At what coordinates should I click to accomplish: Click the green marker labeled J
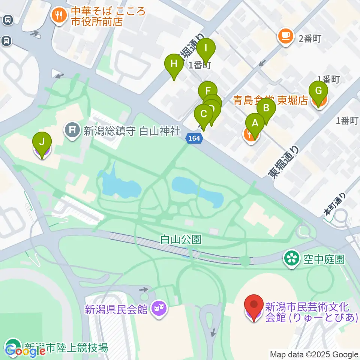[x=42, y=142]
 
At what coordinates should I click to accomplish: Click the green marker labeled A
[x=255, y=123]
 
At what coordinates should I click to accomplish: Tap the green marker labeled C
[x=204, y=114]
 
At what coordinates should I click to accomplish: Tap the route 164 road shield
[x=195, y=139]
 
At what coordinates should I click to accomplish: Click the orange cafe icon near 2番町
[x=285, y=36]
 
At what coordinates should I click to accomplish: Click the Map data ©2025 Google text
[x=314, y=354]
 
